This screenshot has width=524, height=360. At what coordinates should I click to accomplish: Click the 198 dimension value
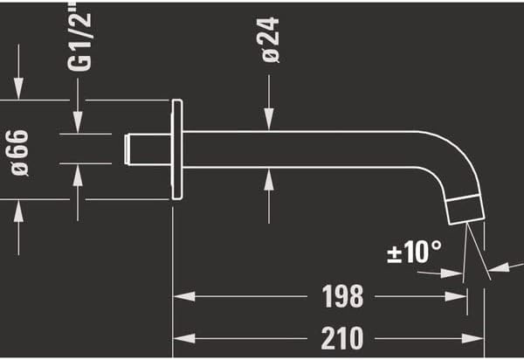pos(341,297)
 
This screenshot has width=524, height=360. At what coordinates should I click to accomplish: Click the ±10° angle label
pos(414,253)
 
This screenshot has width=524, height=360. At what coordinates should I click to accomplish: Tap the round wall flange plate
pos(177,149)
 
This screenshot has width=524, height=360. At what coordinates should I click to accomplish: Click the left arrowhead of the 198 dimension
pos(180,297)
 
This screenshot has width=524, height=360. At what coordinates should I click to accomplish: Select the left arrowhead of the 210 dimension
pos(180,337)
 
